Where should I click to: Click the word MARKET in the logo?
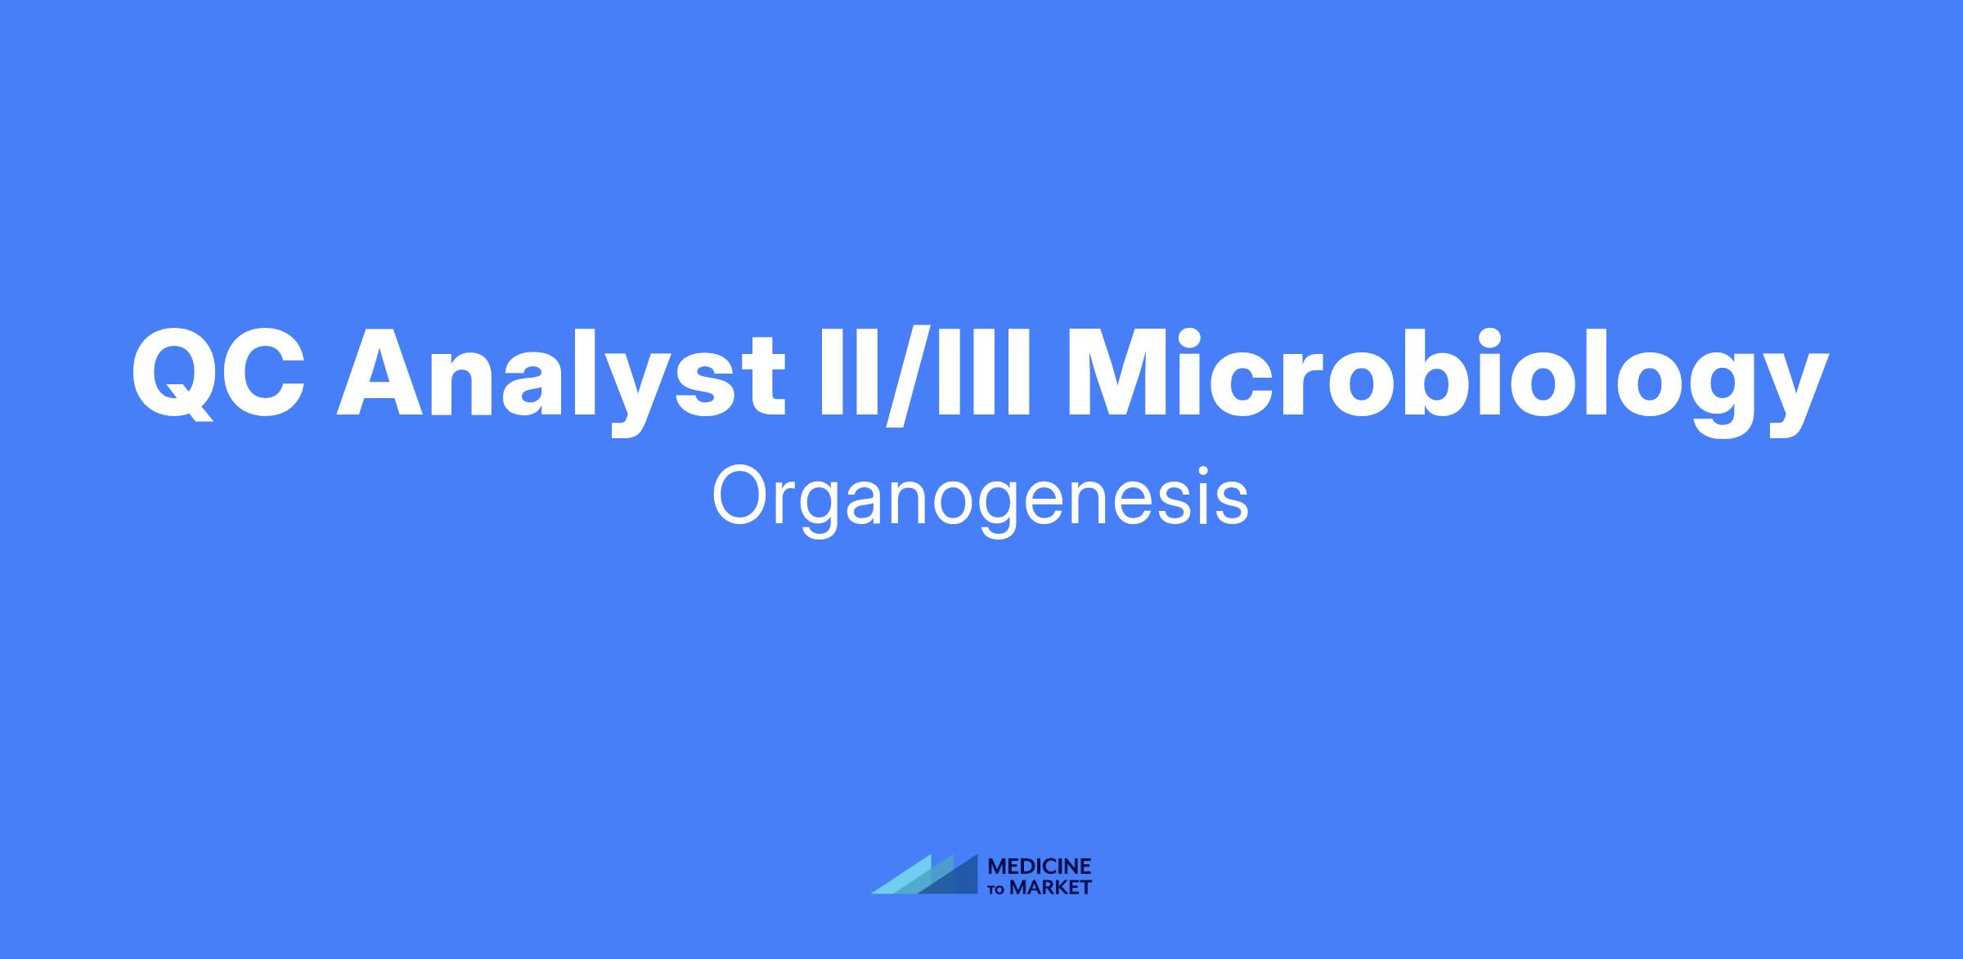(1050, 888)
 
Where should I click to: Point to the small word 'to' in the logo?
(998, 889)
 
